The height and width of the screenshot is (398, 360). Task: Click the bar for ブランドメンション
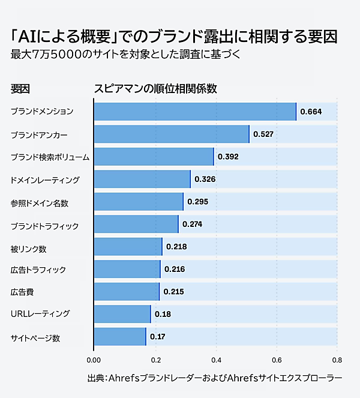coord(195,112)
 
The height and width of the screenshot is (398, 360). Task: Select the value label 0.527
coord(263,134)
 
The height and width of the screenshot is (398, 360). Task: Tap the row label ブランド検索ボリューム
coord(50,157)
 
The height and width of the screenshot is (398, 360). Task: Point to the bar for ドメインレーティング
coord(142,179)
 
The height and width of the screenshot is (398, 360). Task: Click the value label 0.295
coord(197,202)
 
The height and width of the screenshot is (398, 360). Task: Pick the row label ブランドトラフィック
coord(44,226)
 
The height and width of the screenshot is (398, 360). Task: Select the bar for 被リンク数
coord(128,247)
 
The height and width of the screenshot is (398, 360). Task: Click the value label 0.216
coord(174,270)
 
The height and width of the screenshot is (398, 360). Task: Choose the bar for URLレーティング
coord(122,314)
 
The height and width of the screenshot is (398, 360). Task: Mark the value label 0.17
coord(157,337)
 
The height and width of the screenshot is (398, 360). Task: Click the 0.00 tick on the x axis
coord(94,360)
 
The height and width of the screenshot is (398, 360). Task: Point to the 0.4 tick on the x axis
coord(215,360)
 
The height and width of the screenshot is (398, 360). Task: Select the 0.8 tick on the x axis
coord(337,360)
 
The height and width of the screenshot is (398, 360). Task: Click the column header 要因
coord(20,89)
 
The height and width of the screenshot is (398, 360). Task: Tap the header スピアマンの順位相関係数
coord(155,89)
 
